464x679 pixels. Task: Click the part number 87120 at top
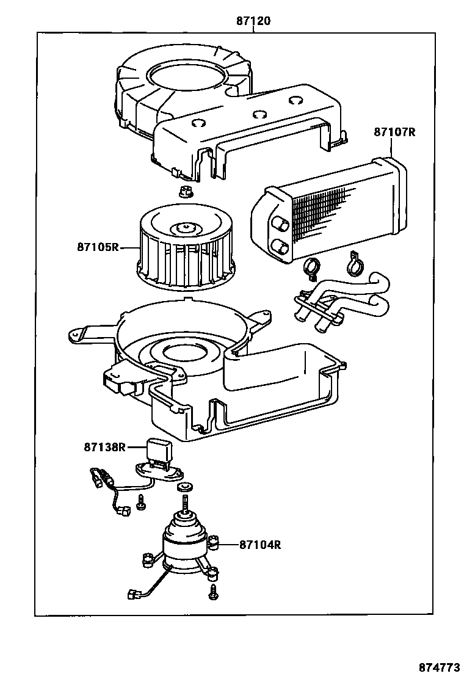pos(253,21)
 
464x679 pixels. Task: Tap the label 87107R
pos(394,132)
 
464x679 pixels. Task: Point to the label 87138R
pos(104,447)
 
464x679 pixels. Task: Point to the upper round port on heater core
pos(282,225)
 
